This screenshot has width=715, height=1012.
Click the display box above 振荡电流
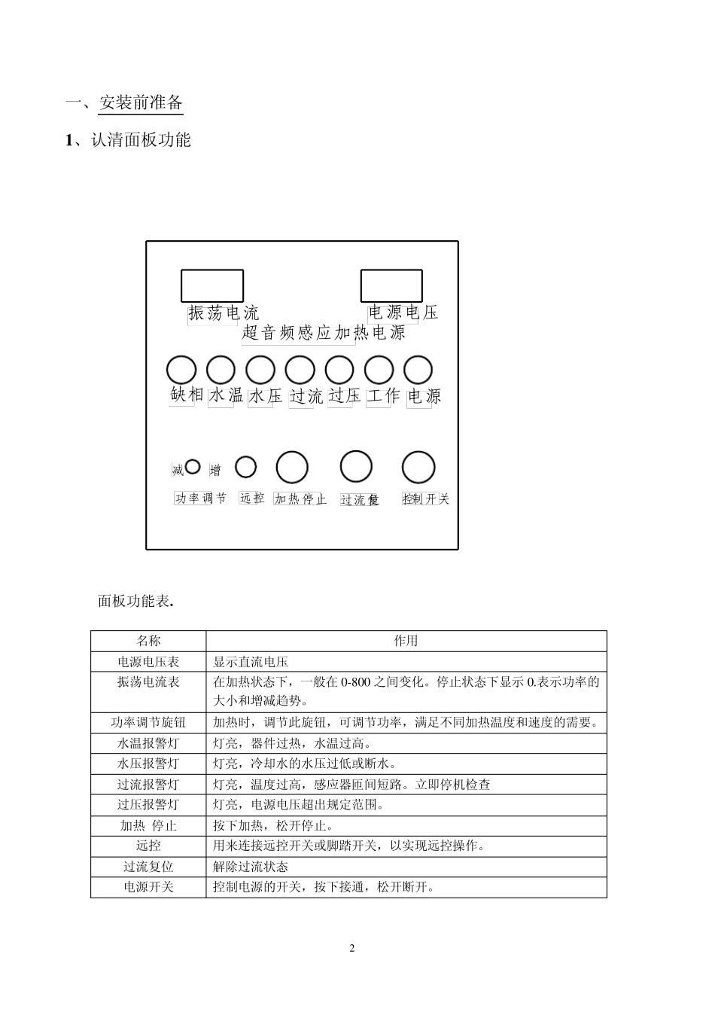click(212, 286)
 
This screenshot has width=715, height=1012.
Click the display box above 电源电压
click(391, 286)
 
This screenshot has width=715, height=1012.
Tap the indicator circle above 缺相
click(181, 370)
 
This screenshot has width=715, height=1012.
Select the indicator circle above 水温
click(221, 370)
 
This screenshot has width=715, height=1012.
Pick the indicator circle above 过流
click(300, 370)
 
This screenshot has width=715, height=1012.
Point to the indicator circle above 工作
click(379, 370)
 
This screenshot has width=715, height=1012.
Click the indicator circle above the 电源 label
click(418, 370)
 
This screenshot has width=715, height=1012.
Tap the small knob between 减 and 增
click(193, 467)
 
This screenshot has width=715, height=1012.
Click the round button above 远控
click(246, 467)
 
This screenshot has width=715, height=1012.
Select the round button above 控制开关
click(418, 468)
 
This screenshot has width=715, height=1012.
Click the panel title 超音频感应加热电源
click(324, 333)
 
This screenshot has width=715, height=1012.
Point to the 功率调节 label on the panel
click(201, 498)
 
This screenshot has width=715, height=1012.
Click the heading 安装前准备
click(141, 103)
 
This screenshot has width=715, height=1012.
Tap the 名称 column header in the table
click(148, 641)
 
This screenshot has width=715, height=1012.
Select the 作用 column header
click(406, 641)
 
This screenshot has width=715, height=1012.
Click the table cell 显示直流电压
click(251, 662)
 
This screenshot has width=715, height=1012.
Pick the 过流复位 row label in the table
click(148, 867)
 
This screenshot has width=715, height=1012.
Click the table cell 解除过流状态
click(251, 867)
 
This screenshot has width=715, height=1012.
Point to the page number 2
click(352, 948)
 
